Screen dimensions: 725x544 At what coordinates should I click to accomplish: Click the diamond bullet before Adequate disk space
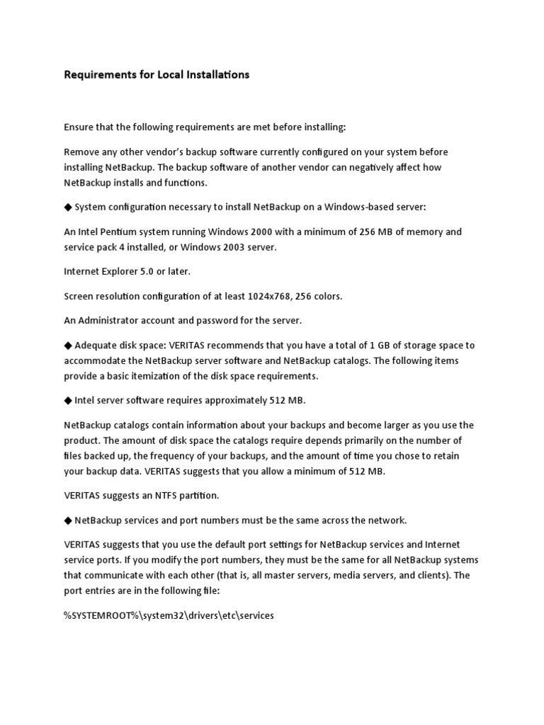click(68, 346)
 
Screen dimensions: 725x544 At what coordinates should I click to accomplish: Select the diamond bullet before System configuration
click(68, 207)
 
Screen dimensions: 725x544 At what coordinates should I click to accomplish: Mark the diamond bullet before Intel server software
click(68, 400)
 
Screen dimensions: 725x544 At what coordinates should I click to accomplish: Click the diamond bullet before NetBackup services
click(68, 520)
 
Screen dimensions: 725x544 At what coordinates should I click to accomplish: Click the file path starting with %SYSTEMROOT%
click(169, 615)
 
